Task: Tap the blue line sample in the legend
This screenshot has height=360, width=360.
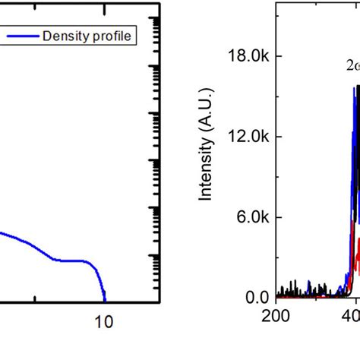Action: coord(23,36)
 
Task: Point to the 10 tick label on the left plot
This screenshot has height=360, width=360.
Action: coord(104,322)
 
